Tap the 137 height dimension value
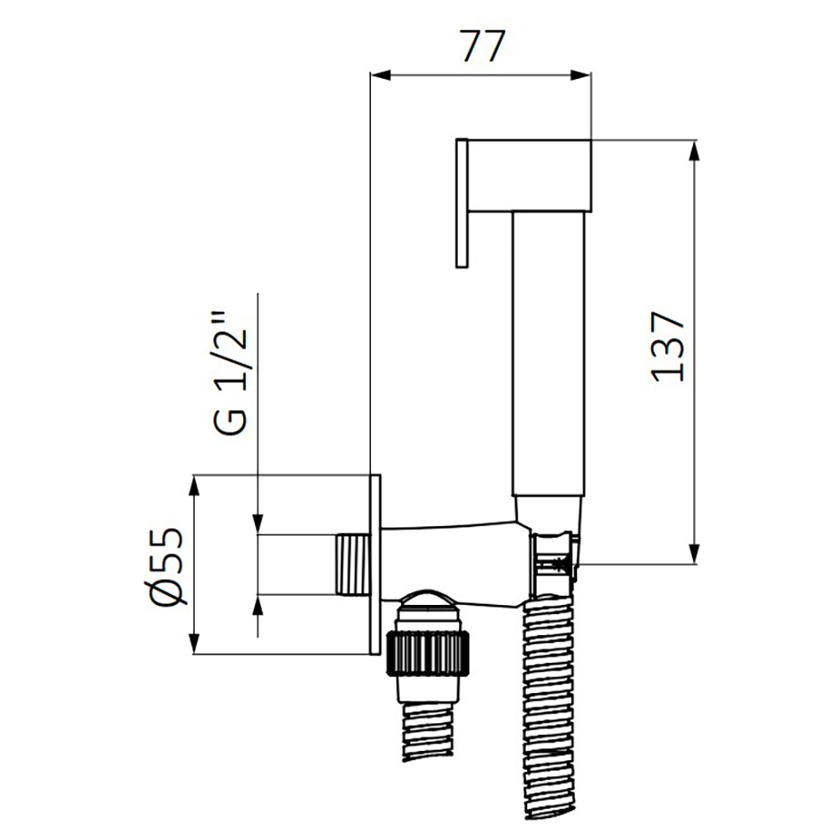click(669, 347)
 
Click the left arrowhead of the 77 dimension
click(380, 76)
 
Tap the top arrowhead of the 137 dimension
click(695, 150)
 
